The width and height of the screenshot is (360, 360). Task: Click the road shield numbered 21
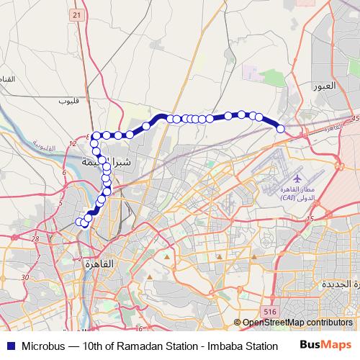[78, 15]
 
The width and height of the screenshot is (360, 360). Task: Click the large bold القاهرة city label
[99, 264]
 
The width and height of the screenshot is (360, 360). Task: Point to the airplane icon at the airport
[297, 176]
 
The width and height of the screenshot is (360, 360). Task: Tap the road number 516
[270, 311]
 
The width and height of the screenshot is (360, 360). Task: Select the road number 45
[354, 119]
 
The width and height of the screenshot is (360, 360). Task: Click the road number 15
[310, 218]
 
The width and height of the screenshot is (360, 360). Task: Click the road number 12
[72, 145]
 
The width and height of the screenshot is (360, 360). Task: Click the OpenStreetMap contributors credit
[297, 323]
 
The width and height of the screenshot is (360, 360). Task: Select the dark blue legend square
[9, 346]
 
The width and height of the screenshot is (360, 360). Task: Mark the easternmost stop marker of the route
[281, 129]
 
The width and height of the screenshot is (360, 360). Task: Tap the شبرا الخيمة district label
[108, 161]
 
